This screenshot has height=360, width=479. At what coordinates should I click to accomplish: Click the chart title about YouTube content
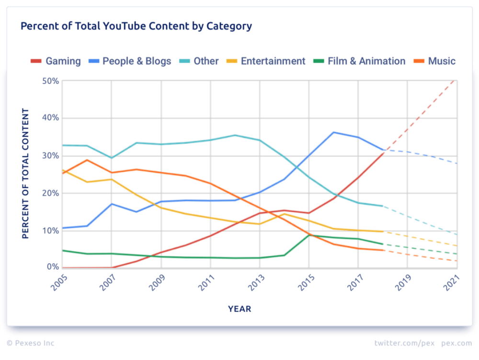click(136, 26)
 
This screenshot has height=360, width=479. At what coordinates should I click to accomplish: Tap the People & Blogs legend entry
click(130, 61)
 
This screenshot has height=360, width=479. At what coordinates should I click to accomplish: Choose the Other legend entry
click(200, 61)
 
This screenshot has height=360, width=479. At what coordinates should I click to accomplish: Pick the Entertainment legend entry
click(266, 61)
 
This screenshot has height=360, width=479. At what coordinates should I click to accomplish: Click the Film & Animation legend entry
click(359, 61)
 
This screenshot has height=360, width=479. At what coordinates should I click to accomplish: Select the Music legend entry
click(435, 61)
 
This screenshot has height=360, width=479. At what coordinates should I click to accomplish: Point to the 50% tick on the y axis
click(50, 81)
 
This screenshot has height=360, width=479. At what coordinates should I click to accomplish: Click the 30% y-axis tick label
click(50, 156)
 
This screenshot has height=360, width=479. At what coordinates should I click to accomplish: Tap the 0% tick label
click(52, 267)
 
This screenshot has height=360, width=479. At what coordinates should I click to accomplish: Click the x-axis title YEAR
click(239, 309)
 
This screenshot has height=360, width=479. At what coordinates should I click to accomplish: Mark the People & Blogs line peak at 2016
click(333, 132)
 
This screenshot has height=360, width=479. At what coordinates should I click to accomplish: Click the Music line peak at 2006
click(87, 160)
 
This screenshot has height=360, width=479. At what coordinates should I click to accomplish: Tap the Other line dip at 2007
click(111, 158)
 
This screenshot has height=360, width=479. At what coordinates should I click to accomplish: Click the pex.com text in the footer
click(456, 343)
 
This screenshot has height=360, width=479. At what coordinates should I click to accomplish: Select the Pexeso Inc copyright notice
click(31, 343)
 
